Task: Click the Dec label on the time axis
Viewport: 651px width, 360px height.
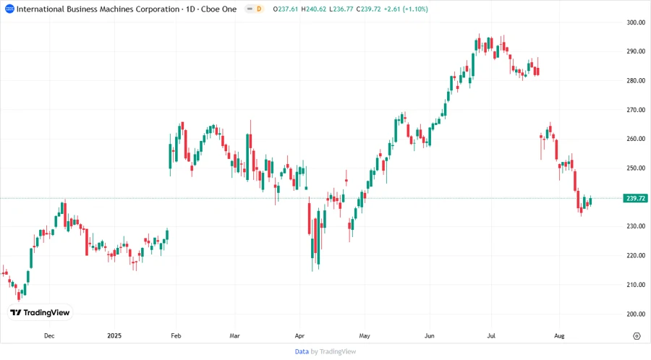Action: [49, 336]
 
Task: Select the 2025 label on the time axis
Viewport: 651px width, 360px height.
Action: [114, 336]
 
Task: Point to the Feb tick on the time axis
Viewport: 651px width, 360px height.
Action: [176, 336]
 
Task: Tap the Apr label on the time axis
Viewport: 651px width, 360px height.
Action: [300, 336]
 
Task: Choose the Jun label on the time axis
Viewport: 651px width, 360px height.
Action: [429, 336]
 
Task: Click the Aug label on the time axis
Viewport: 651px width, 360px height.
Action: [558, 336]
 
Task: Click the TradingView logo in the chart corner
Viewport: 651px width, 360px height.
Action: [40, 313]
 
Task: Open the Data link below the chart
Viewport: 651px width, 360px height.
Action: [302, 351]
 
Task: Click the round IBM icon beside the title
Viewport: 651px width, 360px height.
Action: [9, 9]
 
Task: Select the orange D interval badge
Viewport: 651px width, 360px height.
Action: [259, 9]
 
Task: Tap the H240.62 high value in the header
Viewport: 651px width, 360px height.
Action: [318, 9]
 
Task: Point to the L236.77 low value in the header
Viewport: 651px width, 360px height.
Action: [353, 9]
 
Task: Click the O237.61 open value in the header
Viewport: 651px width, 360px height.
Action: [284, 9]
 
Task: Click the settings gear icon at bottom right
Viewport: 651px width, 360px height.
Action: [637, 336]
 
